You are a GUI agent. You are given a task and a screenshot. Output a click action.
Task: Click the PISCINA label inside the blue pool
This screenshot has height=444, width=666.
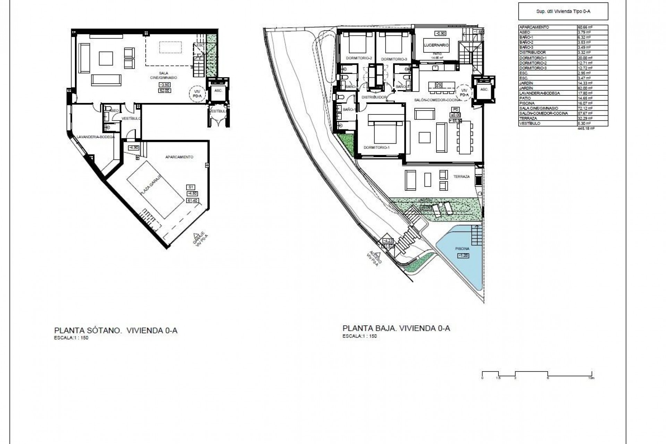tap(462, 249)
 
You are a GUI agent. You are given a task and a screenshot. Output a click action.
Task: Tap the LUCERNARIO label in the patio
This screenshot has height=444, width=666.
tap(436, 45)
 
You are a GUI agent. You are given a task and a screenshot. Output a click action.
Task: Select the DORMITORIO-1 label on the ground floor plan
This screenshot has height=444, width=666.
tap(377, 147)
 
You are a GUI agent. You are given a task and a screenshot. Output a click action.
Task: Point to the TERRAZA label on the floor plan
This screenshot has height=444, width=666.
tap(461, 177)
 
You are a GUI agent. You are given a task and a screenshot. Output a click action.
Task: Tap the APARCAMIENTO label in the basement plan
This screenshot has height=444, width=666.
tap(179, 157)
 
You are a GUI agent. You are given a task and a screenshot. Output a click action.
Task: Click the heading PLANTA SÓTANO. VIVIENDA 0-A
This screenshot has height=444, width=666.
tap(116, 331)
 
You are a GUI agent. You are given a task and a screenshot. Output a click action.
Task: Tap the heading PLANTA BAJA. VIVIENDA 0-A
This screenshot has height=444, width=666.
tap(396, 328)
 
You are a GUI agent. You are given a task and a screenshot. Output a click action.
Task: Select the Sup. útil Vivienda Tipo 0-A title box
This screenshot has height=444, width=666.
tap(563, 11)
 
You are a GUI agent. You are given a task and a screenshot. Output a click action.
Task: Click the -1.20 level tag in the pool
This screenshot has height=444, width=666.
tap(463, 256)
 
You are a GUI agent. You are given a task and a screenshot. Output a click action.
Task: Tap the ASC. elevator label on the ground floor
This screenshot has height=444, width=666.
tap(484, 89)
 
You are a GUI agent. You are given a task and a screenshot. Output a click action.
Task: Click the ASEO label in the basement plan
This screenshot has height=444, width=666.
tap(114, 110)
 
